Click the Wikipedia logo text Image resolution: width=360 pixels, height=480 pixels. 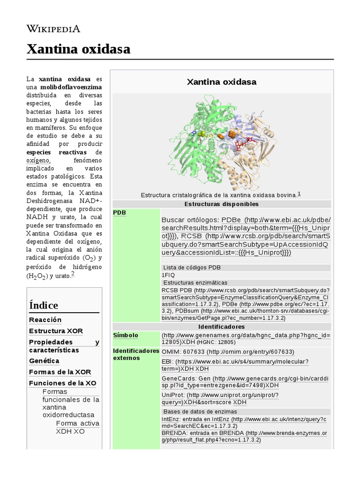tap(53, 29)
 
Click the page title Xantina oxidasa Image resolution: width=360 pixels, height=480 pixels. tap(78, 49)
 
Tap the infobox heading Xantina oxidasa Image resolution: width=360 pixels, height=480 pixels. tap(221, 82)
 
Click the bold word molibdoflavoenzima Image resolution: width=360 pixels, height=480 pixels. tap(71, 87)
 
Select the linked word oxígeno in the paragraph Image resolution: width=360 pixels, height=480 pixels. tap(37, 160)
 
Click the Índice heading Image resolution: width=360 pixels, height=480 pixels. tap(44, 305)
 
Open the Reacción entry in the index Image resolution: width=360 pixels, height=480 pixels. tap(45, 320)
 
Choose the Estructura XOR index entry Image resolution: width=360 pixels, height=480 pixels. tap(56, 331)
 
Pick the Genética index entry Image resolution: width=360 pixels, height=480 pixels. tap(44, 361)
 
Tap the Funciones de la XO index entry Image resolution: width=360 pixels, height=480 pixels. tap(62, 383)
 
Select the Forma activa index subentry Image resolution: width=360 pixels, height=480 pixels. tap(77, 423)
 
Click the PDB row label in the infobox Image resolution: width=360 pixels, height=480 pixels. tap(120, 213)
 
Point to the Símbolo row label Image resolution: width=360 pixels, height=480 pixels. tap(126, 335)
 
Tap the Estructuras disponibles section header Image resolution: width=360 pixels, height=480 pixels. tap(221, 204)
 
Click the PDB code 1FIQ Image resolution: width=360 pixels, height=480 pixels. tap(168, 275)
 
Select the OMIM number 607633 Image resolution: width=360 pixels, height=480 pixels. tap(194, 352)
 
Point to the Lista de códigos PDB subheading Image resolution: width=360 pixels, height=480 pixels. tap(192, 268)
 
